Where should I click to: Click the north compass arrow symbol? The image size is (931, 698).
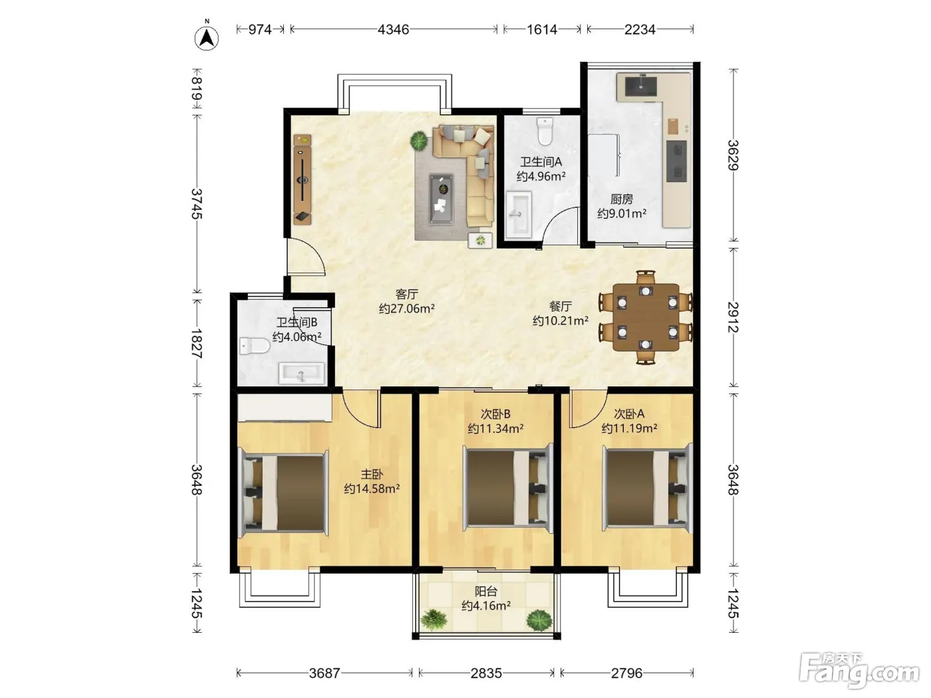207,38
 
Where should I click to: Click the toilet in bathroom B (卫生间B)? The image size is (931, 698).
255,346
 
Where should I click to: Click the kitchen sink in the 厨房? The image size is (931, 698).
640,87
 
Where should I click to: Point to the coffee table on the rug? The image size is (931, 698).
441,199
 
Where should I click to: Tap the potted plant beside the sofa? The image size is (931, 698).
419,141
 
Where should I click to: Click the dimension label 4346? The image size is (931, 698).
393,29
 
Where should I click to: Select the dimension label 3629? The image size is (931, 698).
733,155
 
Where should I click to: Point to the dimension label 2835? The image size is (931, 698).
486,673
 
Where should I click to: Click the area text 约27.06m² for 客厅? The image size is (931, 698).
407,308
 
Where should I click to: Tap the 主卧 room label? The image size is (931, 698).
372,474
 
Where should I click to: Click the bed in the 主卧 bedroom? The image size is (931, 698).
283,493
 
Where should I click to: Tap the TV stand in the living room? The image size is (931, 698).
303,179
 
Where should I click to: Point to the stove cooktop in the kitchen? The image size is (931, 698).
676,161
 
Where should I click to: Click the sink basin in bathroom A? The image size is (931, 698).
519,215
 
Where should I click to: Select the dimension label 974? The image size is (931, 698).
260,29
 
